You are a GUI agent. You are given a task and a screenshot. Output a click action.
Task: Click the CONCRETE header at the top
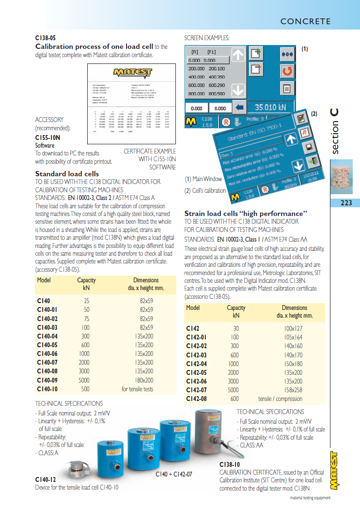point(305,21)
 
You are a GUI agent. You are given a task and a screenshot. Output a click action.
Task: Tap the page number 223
point(346,203)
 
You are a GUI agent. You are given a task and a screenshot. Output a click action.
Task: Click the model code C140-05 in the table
point(47,345)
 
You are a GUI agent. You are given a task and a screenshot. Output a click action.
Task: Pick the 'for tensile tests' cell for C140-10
point(137,389)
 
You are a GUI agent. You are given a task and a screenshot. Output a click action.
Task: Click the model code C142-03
point(197,355)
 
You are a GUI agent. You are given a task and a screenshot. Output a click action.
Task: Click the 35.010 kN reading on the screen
point(270,108)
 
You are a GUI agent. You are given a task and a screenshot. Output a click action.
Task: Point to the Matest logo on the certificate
point(132,72)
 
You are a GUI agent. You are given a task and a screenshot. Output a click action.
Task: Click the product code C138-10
point(230,465)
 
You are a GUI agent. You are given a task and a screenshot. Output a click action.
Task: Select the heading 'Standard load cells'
point(67,174)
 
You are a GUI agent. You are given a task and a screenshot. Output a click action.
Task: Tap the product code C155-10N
point(48,138)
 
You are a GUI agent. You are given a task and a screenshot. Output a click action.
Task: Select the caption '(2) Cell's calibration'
point(205,190)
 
